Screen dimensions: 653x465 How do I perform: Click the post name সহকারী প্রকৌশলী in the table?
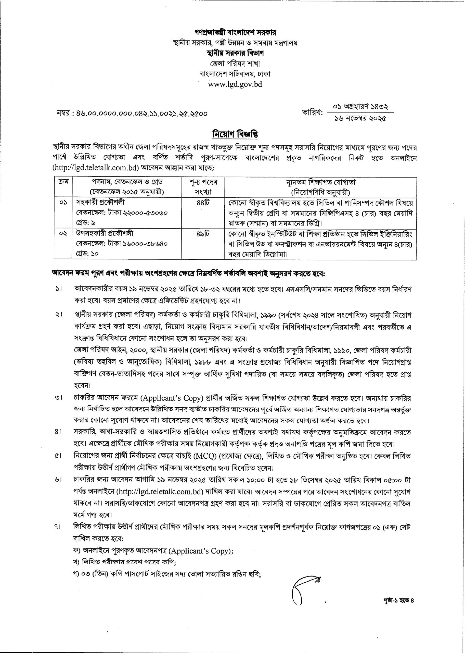(x=100, y=203)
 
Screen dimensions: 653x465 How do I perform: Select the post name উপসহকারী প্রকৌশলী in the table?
(x=105, y=233)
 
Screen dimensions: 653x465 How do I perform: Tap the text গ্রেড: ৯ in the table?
(x=86, y=222)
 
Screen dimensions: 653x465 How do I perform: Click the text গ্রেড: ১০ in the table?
(x=87, y=254)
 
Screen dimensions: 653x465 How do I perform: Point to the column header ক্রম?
(x=63, y=182)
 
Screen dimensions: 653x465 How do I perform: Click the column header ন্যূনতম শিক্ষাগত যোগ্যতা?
(x=320, y=182)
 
